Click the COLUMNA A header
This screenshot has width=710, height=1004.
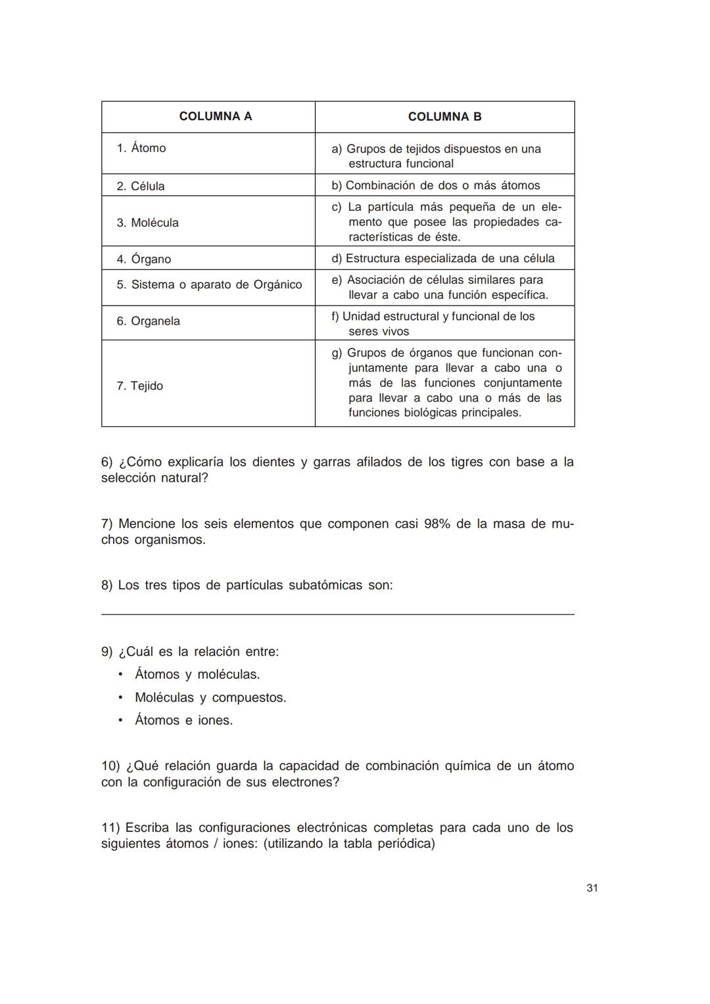click(x=215, y=116)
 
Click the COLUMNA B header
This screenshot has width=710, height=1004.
click(x=444, y=117)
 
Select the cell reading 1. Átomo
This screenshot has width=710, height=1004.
click(x=141, y=148)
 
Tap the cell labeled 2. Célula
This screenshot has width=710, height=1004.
click(x=141, y=186)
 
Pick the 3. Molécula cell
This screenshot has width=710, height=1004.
click(x=148, y=223)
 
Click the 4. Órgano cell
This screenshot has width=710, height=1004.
click(x=144, y=259)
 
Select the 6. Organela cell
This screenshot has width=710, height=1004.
click(x=149, y=321)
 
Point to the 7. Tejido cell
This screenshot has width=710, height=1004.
click(x=140, y=386)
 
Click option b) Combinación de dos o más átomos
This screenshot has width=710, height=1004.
click(x=436, y=185)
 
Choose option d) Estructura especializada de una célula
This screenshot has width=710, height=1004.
click(x=443, y=258)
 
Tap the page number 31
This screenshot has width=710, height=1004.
click(x=592, y=888)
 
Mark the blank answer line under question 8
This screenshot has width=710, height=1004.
click(x=337, y=614)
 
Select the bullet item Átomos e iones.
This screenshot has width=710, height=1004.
click(x=183, y=720)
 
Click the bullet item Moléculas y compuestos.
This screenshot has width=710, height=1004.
click(x=210, y=697)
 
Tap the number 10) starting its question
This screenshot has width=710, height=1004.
click(x=110, y=765)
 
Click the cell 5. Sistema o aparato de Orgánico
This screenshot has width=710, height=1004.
click(x=209, y=285)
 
